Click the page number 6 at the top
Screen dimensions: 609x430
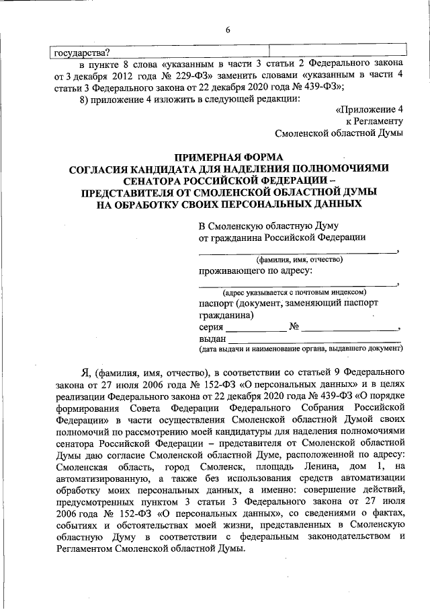[228, 30]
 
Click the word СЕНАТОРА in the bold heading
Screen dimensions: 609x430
[150, 180]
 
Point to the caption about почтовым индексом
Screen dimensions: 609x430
[294, 292]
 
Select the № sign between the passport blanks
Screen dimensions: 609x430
[294, 327]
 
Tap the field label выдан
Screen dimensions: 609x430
[212, 339]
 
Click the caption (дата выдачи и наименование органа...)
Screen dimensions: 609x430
[300, 349]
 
